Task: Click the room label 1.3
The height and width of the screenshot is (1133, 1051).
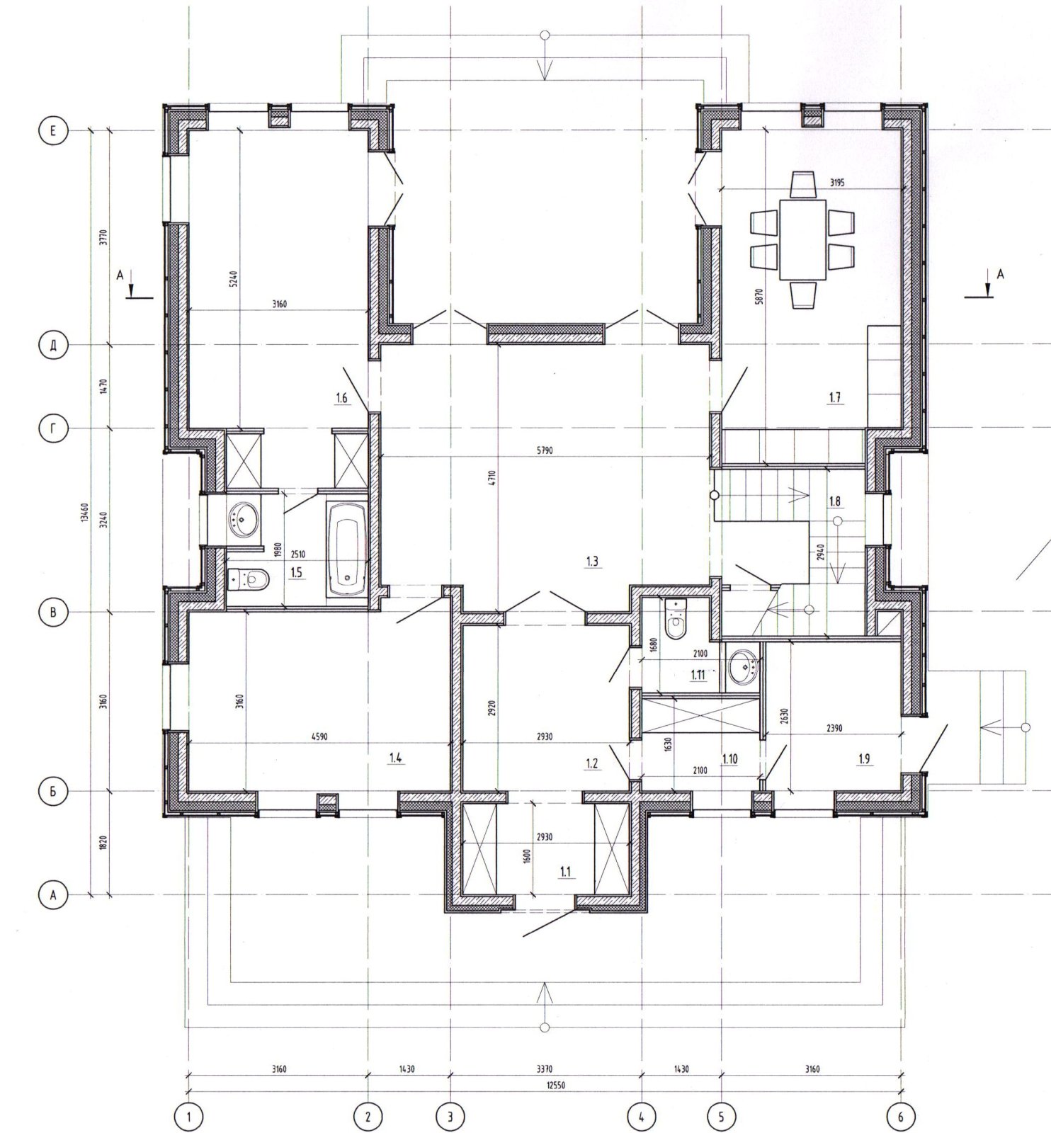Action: click(x=592, y=562)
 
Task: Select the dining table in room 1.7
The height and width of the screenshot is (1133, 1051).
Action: click(x=803, y=239)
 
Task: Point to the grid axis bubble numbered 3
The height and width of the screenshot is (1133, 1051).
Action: click(x=450, y=1117)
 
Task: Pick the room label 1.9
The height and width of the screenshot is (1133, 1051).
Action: click(x=863, y=760)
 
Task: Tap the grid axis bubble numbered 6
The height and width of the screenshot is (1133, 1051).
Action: click(x=900, y=1117)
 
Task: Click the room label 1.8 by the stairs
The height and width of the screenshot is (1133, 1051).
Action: click(x=834, y=502)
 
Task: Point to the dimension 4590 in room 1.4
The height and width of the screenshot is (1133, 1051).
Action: click(x=319, y=736)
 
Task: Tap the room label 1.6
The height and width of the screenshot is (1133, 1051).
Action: click(x=341, y=399)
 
